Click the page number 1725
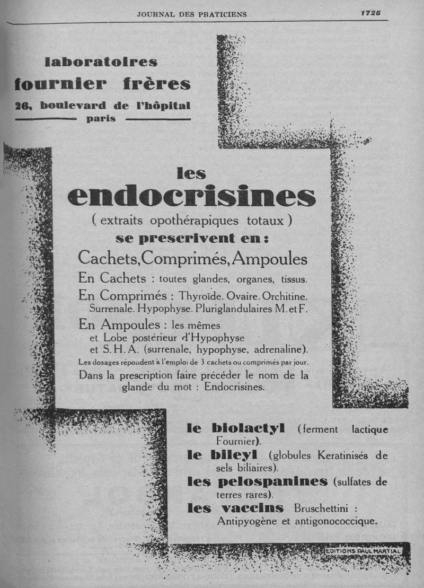[x=371, y=14]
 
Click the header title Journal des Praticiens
[x=192, y=14]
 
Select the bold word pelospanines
[x=273, y=481]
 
